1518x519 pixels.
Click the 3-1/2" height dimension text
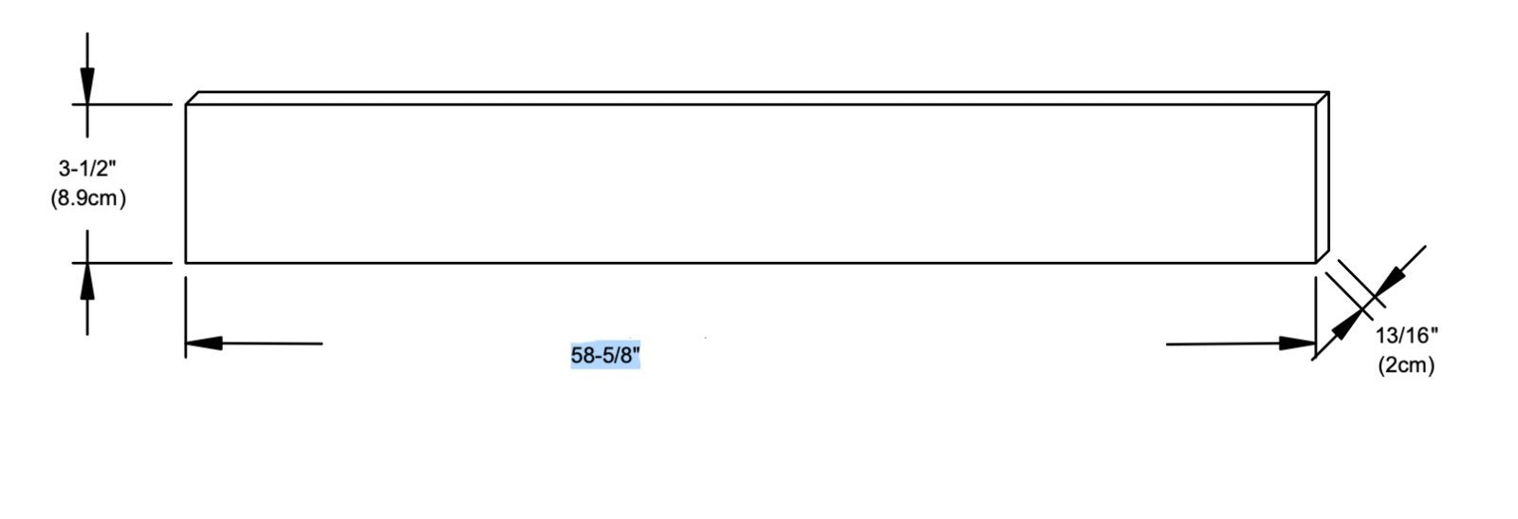[87, 168]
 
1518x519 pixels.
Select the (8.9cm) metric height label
[88, 198]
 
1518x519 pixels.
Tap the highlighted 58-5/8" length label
[605, 355]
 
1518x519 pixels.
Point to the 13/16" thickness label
[1407, 335]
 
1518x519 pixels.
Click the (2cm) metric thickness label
[1406, 365]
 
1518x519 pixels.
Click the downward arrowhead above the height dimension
[86, 85]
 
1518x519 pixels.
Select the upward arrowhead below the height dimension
[86, 281]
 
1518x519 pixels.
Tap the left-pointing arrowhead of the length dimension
[204, 343]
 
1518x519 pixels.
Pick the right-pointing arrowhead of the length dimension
[1297, 343]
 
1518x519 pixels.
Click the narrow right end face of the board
[1323, 177]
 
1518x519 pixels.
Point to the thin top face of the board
[757, 99]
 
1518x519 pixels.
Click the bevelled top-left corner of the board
[192, 99]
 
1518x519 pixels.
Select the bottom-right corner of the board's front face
[1315, 263]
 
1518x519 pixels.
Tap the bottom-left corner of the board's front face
[186, 263]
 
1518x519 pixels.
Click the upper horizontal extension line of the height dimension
[122, 104]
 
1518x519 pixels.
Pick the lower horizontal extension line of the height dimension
[122, 263]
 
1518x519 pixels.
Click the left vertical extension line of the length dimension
[186, 317]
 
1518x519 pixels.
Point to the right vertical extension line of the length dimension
[1315, 317]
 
